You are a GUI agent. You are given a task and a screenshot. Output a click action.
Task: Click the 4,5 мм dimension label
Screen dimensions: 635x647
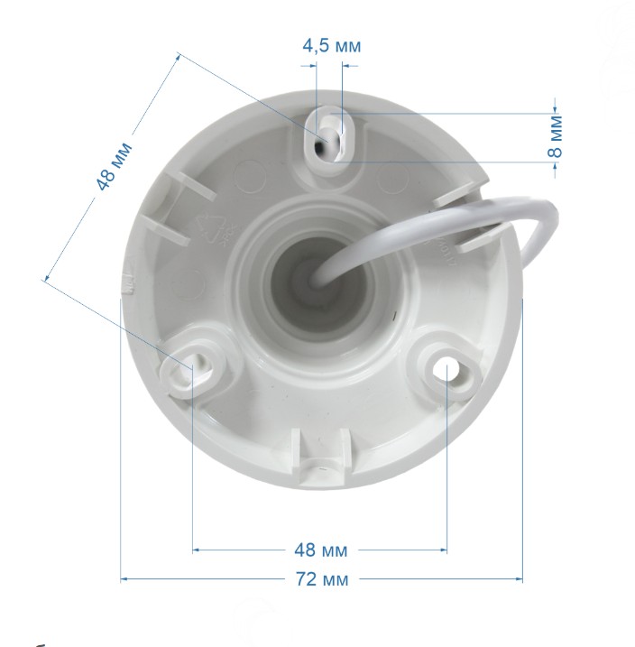pyautogui.click(x=332, y=45)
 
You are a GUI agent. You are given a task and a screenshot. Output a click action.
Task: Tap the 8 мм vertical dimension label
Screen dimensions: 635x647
pyautogui.click(x=555, y=136)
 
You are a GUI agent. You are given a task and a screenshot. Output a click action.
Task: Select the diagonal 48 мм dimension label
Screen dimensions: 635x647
pyautogui.click(x=114, y=166)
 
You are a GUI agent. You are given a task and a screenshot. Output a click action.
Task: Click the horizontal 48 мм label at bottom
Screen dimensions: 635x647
pyautogui.click(x=320, y=550)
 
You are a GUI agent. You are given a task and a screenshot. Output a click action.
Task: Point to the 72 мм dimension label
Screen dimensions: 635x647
pyautogui.click(x=322, y=579)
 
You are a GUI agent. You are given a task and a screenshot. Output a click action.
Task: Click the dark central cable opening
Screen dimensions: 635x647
pyautogui.click(x=321, y=282)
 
